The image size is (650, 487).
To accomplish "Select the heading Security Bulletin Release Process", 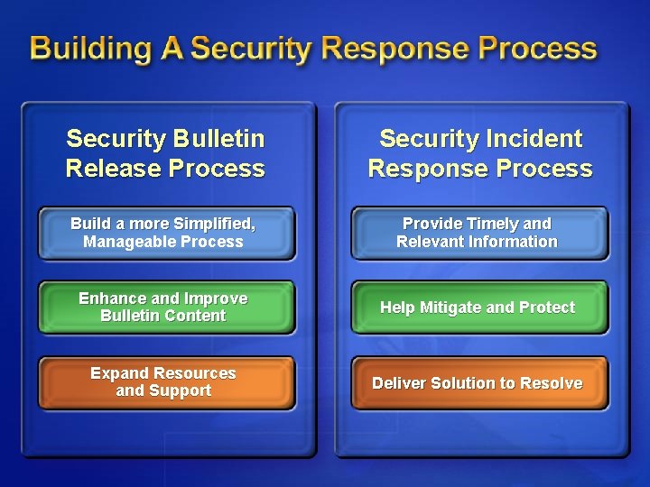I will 165,153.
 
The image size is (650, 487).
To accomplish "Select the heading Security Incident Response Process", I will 480,153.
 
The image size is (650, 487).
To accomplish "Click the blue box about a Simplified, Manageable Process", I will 165,233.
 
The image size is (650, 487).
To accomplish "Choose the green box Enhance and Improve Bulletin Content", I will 165,308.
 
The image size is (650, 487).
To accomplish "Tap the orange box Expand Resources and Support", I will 165,382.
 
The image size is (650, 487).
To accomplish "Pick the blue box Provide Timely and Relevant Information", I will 478,233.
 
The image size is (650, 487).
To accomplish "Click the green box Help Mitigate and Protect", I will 478,308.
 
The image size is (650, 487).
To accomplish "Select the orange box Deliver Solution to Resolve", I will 478,383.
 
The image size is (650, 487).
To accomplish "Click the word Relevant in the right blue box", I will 431,242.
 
